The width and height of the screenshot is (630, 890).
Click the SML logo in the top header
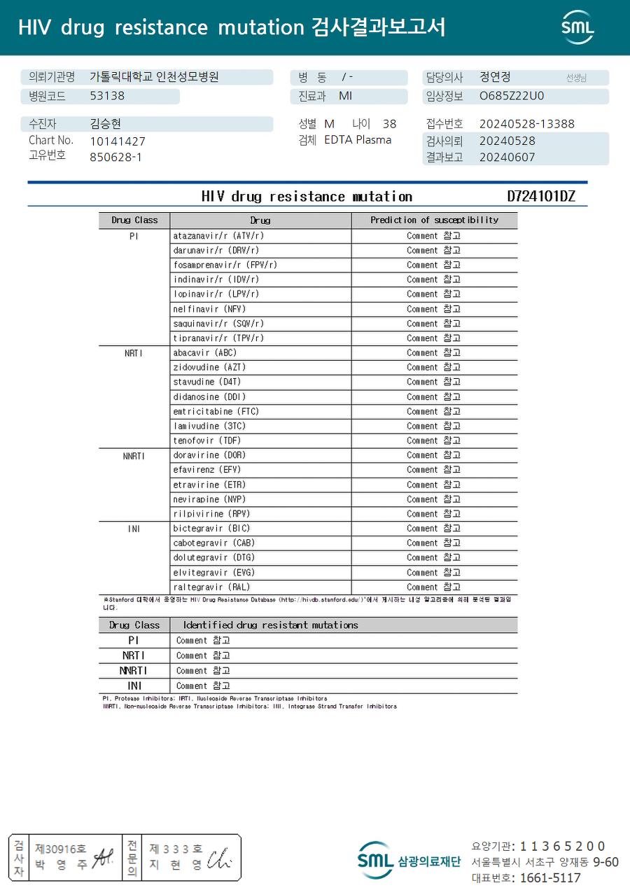577,27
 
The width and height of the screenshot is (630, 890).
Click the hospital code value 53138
107,96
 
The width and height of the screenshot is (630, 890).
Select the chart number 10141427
118,141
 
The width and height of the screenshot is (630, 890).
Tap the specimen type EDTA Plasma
358,139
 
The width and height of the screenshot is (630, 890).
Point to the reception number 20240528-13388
526,124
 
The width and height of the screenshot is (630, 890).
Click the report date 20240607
507,157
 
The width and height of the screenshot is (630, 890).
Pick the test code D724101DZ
540,196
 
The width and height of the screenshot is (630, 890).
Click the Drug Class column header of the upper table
134,220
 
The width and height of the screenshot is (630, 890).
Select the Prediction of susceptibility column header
434,220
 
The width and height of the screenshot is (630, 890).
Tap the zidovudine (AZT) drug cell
209,367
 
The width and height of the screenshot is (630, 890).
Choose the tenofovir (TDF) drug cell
206,440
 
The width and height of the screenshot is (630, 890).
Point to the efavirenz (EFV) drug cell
206,470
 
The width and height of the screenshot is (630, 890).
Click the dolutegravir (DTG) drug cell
213,557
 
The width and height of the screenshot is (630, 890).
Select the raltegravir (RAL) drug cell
211,587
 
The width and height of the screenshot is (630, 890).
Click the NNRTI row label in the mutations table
134,671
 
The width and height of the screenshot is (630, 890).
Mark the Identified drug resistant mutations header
270,625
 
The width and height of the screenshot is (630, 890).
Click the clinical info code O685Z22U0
511,96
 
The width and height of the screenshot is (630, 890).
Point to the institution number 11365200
562,846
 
